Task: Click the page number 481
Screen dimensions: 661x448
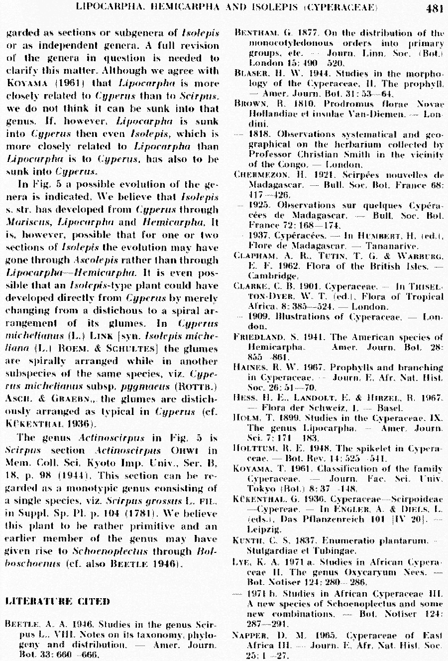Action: (x=435, y=7)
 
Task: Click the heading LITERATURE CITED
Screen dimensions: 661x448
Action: (x=57, y=601)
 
